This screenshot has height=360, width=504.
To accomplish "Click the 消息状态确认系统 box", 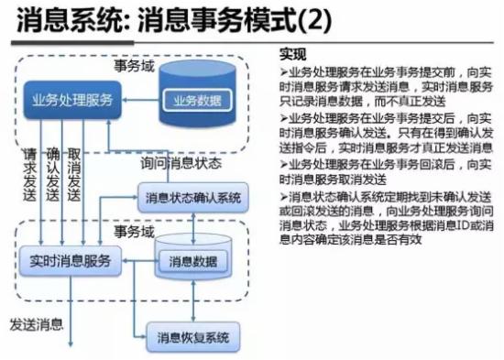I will tap(192, 197).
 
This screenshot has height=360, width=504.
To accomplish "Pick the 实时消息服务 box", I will tap(71, 261).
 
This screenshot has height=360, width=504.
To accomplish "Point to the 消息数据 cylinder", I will tap(192, 261).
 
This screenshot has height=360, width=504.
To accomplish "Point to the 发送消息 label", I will tap(37, 324).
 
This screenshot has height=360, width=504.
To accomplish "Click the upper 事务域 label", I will tap(133, 66).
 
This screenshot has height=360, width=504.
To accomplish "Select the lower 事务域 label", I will tap(133, 232).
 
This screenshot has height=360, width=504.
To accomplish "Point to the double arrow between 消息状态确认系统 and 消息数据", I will tap(192, 223).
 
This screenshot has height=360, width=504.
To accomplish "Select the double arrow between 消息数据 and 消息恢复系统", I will tap(192, 300).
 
